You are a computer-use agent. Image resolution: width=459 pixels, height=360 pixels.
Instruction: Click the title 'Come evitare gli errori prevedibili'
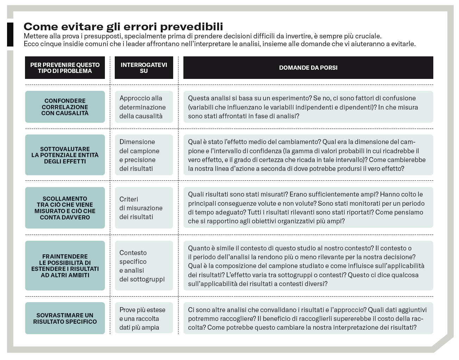tap(123, 26)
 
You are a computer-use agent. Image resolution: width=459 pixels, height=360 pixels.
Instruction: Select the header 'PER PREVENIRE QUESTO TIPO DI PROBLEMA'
tap(65, 68)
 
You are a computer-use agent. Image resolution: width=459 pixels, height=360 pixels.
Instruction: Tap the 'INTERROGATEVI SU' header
tap(144, 68)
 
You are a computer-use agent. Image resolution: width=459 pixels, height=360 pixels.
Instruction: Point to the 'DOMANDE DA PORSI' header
tap(308, 68)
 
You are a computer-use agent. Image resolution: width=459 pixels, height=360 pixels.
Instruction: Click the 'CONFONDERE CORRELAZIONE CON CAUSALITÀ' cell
tap(65, 107)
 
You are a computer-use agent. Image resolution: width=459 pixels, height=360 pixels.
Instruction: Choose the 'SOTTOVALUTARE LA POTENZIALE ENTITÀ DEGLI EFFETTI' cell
tap(65, 155)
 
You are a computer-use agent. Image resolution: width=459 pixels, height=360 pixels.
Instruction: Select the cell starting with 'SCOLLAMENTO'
tap(65, 208)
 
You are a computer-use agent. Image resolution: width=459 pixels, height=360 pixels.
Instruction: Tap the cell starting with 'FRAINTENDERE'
tap(65, 266)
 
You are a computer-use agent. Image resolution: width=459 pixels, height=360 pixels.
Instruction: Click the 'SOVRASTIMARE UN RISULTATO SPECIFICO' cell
tap(65, 318)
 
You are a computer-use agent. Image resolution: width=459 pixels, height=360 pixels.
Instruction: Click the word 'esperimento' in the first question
tap(293, 98)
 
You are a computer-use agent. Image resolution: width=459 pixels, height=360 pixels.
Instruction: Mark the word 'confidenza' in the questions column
tap(265, 151)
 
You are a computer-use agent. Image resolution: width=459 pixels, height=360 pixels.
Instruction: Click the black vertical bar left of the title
tap(10, 35)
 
